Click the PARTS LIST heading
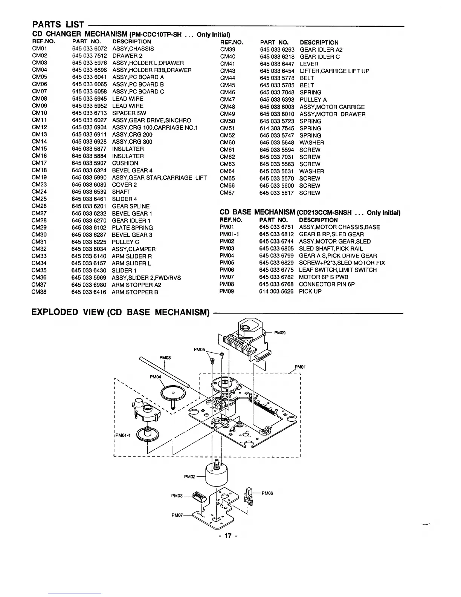click(58, 25)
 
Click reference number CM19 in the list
click(40, 178)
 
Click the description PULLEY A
click(313, 99)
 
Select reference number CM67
click(227, 193)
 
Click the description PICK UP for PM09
click(310, 291)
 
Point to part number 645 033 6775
click(276, 270)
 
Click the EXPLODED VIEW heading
click(120, 312)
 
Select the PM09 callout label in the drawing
click(280, 332)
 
